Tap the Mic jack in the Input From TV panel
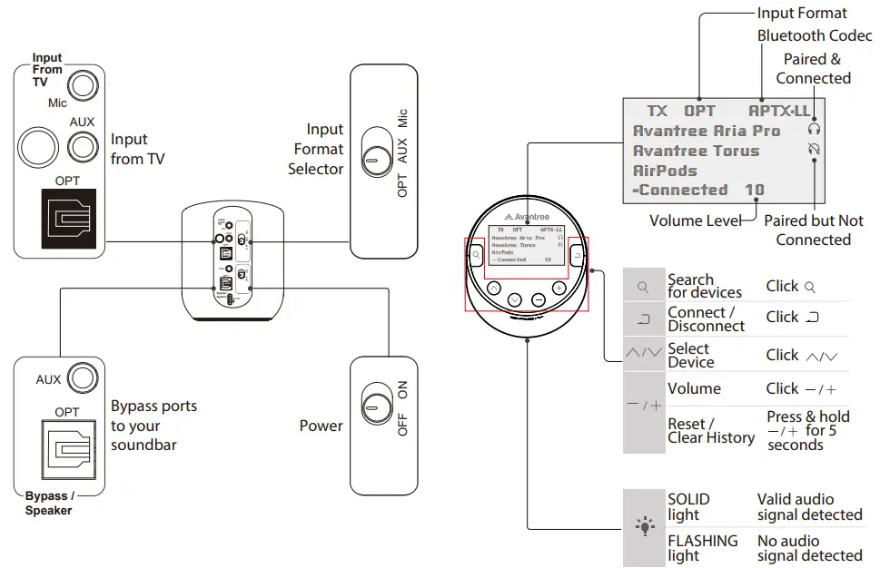(x=83, y=86)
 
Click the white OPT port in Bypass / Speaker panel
(x=68, y=450)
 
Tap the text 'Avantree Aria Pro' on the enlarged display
(x=706, y=131)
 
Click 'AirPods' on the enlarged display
(x=665, y=171)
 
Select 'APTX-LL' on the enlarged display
(x=779, y=111)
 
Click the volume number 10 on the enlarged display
(x=754, y=191)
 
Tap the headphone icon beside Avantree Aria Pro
(x=814, y=130)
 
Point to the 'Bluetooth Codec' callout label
(x=815, y=35)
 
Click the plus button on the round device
(x=559, y=288)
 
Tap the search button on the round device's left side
(x=476, y=257)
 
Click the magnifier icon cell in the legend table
(x=644, y=287)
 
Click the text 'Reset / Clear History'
(x=711, y=430)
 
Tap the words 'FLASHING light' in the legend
(x=703, y=547)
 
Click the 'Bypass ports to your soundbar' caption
(x=153, y=426)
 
